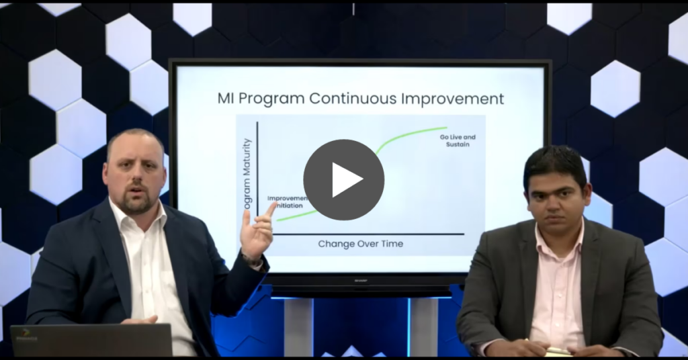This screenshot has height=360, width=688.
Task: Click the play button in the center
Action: (343, 179)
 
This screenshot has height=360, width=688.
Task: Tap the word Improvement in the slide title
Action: (454, 99)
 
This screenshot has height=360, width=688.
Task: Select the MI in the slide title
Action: (227, 99)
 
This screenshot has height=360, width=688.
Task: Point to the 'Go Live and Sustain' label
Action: (458, 140)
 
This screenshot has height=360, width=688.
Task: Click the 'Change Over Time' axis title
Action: (361, 244)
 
